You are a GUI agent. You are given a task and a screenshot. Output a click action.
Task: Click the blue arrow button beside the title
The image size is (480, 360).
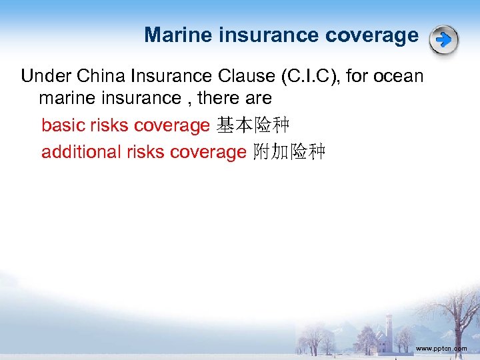[x=443, y=40]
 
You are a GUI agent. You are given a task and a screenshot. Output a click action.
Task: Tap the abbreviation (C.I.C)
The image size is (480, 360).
[x=309, y=76]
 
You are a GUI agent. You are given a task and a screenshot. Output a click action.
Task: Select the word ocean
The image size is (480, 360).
[x=399, y=76]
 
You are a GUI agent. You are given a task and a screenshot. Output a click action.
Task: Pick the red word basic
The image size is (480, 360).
[x=63, y=125]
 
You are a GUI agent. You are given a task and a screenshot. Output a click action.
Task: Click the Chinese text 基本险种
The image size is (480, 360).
[x=253, y=125]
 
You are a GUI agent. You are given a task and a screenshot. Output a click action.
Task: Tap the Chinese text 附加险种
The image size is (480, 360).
[x=289, y=152]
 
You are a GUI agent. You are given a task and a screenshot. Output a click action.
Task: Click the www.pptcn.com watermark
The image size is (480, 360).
[x=441, y=348]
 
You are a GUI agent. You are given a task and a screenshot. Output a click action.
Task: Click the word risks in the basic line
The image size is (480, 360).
[x=109, y=125]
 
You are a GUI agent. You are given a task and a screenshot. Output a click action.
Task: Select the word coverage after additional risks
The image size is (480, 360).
[x=208, y=152]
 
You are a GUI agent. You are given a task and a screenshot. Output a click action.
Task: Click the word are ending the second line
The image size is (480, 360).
[x=258, y=99]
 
